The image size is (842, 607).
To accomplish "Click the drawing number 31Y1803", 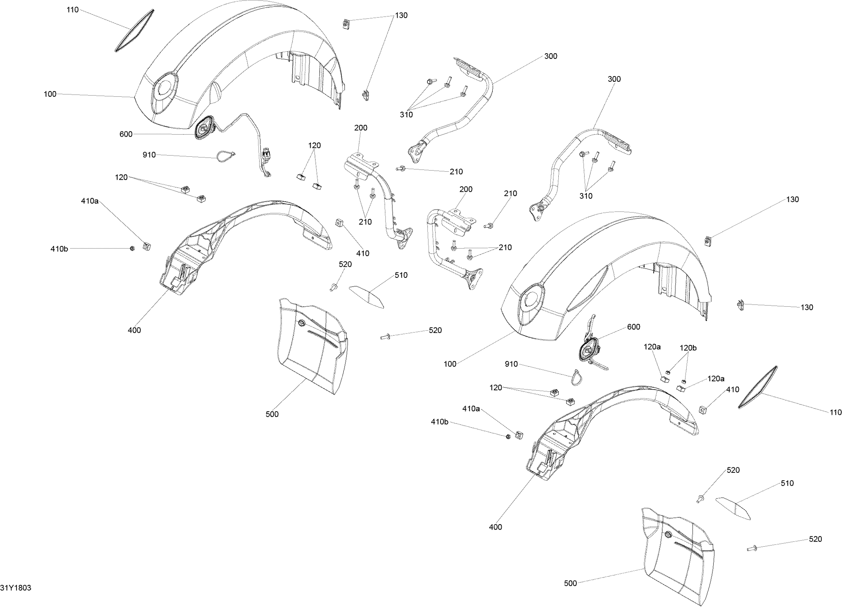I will pos(16,588).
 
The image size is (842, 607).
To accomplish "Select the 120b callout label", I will pos(688,348).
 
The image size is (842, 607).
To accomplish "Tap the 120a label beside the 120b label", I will pos(652,347).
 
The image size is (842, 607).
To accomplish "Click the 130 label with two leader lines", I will pos(401,15).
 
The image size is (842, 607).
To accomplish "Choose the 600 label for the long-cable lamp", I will pos(126,134).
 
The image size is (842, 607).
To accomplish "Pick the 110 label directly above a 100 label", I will pos(73,10).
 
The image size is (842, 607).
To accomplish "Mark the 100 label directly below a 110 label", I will pos(50,94).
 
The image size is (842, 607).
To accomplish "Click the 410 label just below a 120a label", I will pos(732,389).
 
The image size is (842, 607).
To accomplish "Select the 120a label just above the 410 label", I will pos(716,378).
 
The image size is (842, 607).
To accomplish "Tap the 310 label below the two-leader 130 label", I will pos(406,115).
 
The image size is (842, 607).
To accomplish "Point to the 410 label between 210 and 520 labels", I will pos(363,253).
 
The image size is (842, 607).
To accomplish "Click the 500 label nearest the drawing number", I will pos(272,414).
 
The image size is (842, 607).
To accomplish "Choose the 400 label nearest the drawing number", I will pos(134,330).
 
